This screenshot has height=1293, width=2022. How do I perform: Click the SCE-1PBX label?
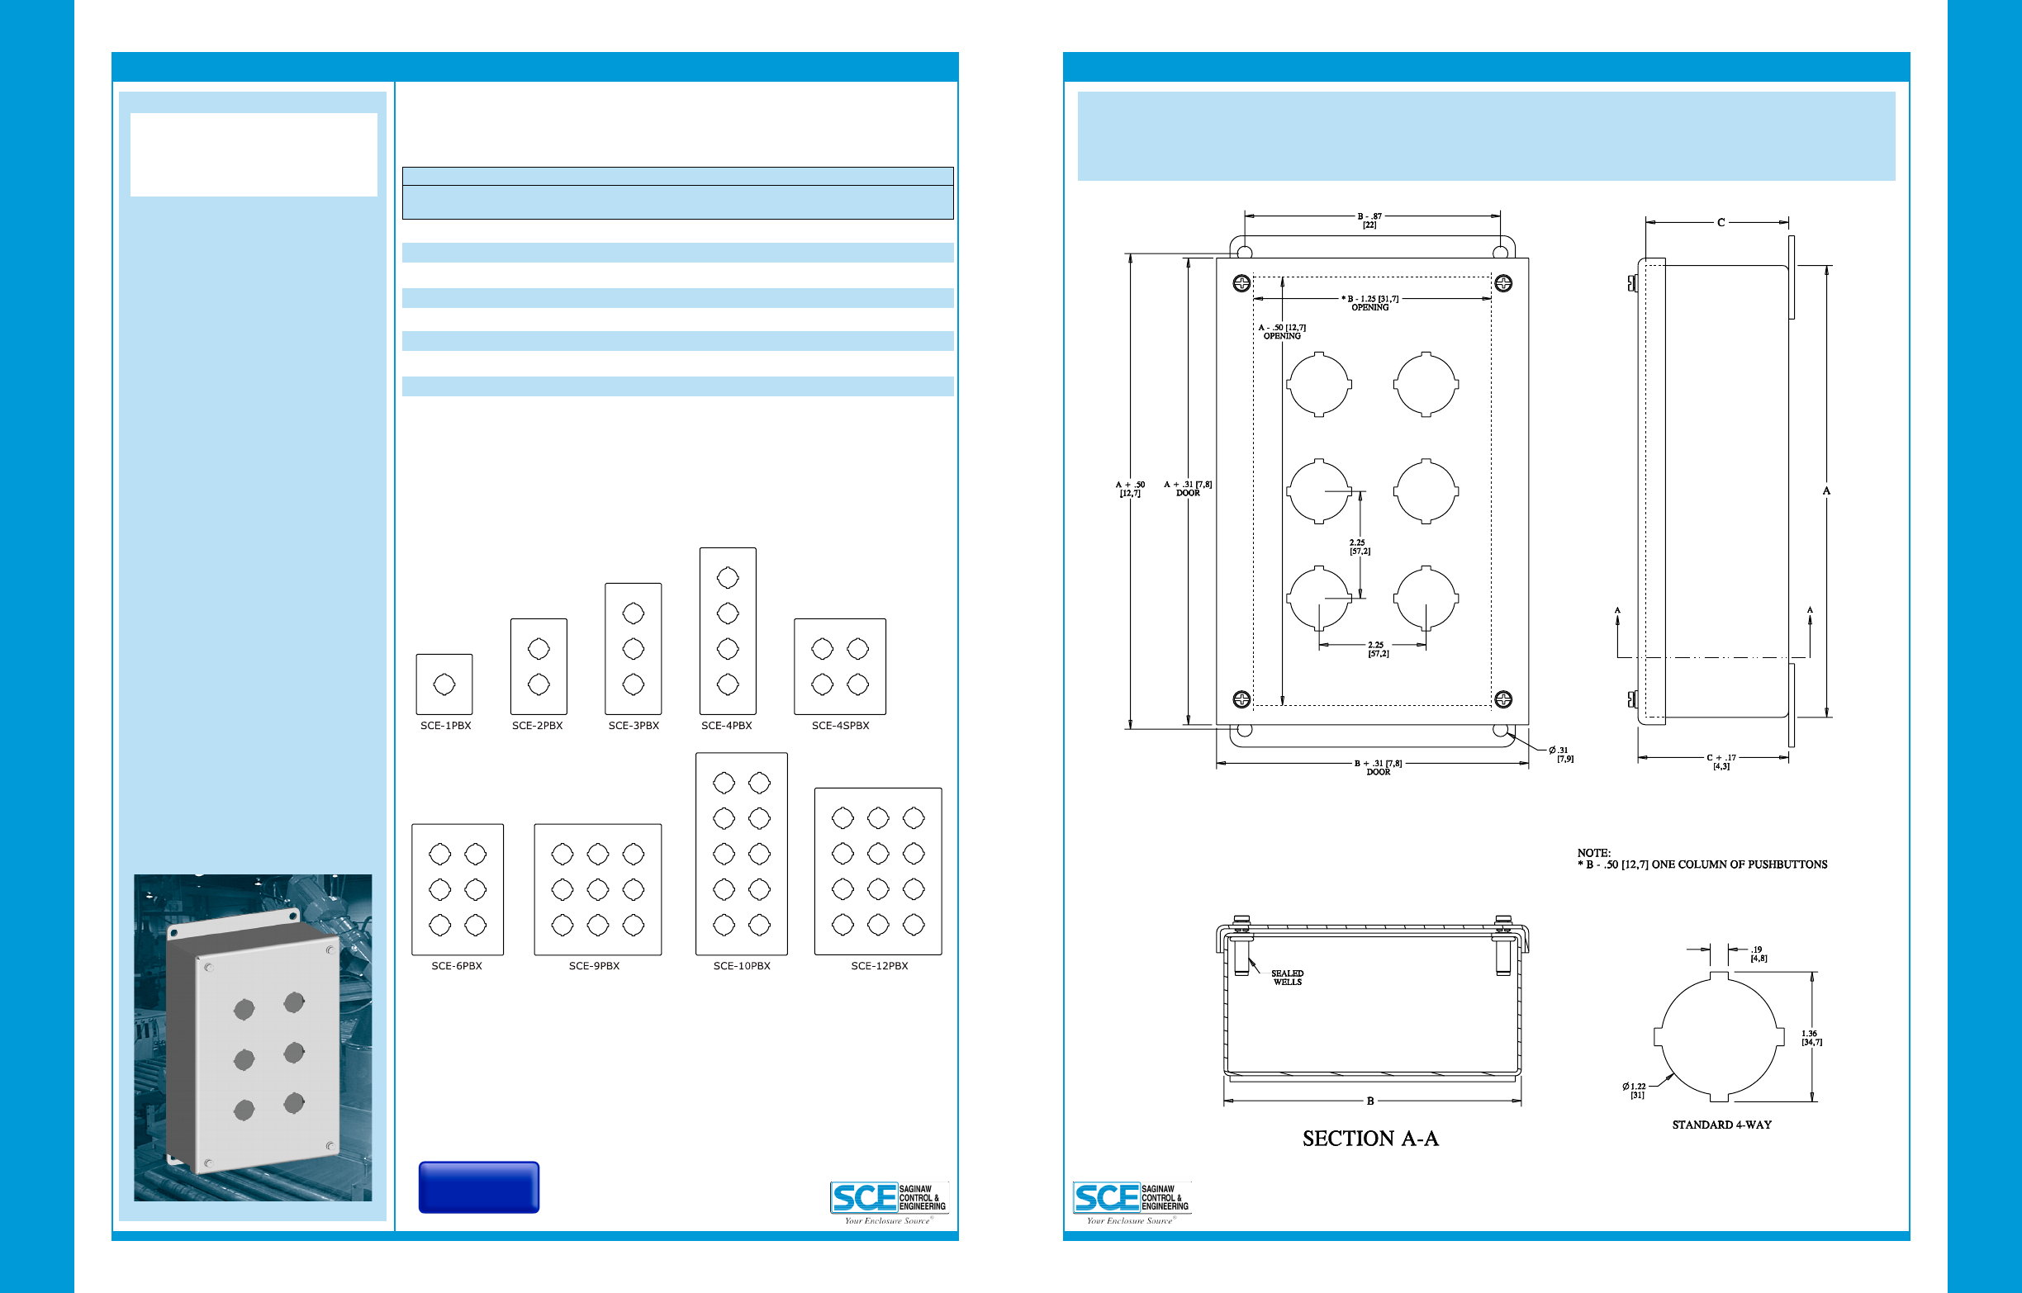tap(445, 726)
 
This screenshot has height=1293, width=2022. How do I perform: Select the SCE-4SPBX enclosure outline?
tap(840, 666)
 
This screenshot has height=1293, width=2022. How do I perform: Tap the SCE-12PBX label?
tap(879, 965)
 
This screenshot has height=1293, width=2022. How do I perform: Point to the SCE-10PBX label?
tap(742, 965)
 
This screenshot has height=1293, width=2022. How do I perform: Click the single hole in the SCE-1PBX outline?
tap(444, 684)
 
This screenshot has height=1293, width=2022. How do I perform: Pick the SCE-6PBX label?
tap(457, 965)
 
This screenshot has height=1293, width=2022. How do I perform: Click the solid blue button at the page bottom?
tap(478, 1186)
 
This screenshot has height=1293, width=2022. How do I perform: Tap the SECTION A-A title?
tap(1370, 1139)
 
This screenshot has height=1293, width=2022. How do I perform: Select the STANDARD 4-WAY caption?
tap(1721, 1125)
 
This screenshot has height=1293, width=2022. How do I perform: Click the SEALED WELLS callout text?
tap(1287, 978)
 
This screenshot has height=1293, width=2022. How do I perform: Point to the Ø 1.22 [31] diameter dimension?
tap(1634, 1090)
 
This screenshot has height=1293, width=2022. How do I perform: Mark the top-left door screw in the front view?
tap(1241, 283)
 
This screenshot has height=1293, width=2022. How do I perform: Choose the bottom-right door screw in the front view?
tap(1503, 699)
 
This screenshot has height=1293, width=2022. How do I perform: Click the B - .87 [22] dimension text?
tap(1369, 220)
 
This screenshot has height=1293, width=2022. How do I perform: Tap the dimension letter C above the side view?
tap(1721, 222)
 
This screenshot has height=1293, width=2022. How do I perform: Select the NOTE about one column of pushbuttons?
tap(1702, 859)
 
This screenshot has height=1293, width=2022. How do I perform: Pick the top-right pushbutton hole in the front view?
tap(1426, 385)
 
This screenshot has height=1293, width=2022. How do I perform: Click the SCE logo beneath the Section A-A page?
tap(1130, 1201)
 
